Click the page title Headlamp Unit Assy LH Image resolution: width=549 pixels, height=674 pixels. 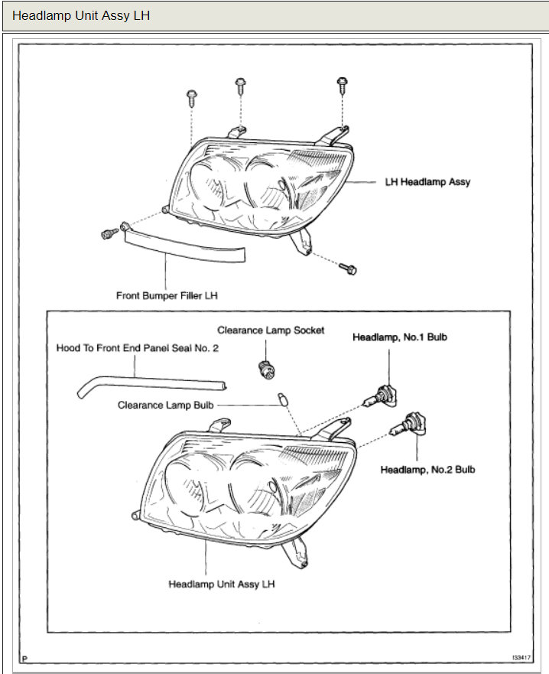click(81, 16)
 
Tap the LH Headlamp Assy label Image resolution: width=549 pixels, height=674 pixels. click(427, 182)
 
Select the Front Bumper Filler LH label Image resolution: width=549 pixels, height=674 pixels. click(167, 295)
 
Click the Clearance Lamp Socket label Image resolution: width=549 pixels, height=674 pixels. click(271, 330)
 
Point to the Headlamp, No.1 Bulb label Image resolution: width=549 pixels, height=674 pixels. click(399, 337)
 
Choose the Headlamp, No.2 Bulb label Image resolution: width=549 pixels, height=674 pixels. click(427, 469)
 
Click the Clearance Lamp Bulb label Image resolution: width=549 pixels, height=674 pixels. click(165, 405)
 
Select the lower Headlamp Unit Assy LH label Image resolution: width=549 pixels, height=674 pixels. click(221, 584)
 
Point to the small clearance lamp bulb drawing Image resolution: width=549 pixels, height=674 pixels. click(281, 398)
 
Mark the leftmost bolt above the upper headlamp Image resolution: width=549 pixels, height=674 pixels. click(190, 97)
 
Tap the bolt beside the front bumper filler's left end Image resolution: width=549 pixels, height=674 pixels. click(108, 232)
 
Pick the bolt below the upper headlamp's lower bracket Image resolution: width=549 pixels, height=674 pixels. click(350, 269)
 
